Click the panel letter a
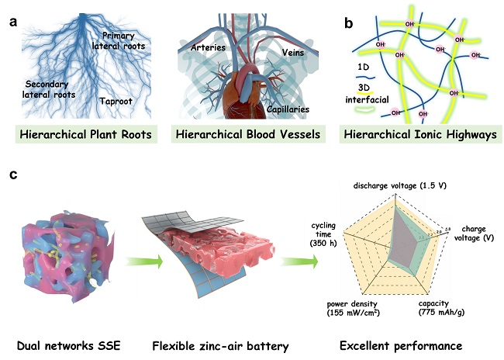[x=14, y=22]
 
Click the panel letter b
[x=349, y=22]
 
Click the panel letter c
[x=13, y=176]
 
